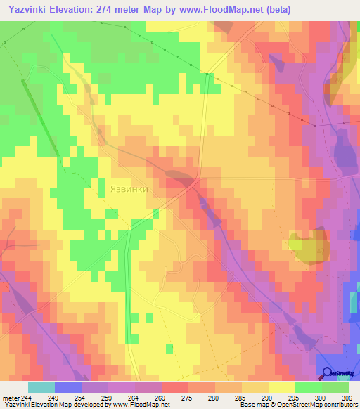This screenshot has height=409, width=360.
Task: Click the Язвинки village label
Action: coord(129,189)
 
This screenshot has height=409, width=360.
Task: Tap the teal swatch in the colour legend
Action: coord(41,387)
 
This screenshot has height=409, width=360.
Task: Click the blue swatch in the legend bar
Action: coord(68,387)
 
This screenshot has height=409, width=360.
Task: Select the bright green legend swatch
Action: coord(308,387)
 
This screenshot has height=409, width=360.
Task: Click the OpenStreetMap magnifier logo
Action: coord(327,375)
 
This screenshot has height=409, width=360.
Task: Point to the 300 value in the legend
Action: coord(320,397)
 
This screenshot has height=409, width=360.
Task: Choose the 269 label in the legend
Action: coord(160,397)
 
